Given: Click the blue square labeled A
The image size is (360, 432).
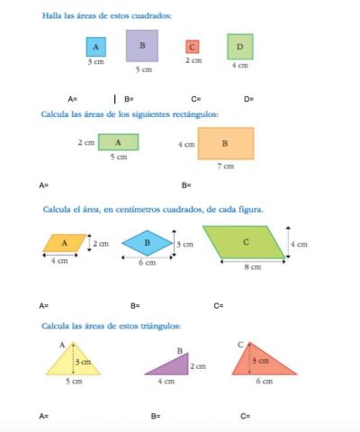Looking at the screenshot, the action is click(95, 47).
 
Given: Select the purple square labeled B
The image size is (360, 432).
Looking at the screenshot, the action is click(142, 46).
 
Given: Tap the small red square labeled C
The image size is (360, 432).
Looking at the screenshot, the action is click(192, 47).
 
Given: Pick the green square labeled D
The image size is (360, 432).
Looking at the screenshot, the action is click(239, 47).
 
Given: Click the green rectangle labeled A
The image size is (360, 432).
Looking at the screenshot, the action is click(118, 142).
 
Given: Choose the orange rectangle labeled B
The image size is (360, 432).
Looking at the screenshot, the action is click(225, 143).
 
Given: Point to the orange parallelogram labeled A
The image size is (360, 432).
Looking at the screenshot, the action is click(65, 243).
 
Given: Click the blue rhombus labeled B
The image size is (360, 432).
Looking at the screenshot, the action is click(147, 243).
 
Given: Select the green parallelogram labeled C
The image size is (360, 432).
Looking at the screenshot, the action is click(245, 243).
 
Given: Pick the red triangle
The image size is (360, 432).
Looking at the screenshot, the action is click(260, 362).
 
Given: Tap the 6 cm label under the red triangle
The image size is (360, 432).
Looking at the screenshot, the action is click(264, 382).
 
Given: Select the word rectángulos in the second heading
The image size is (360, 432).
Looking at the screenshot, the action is click(195, 113).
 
